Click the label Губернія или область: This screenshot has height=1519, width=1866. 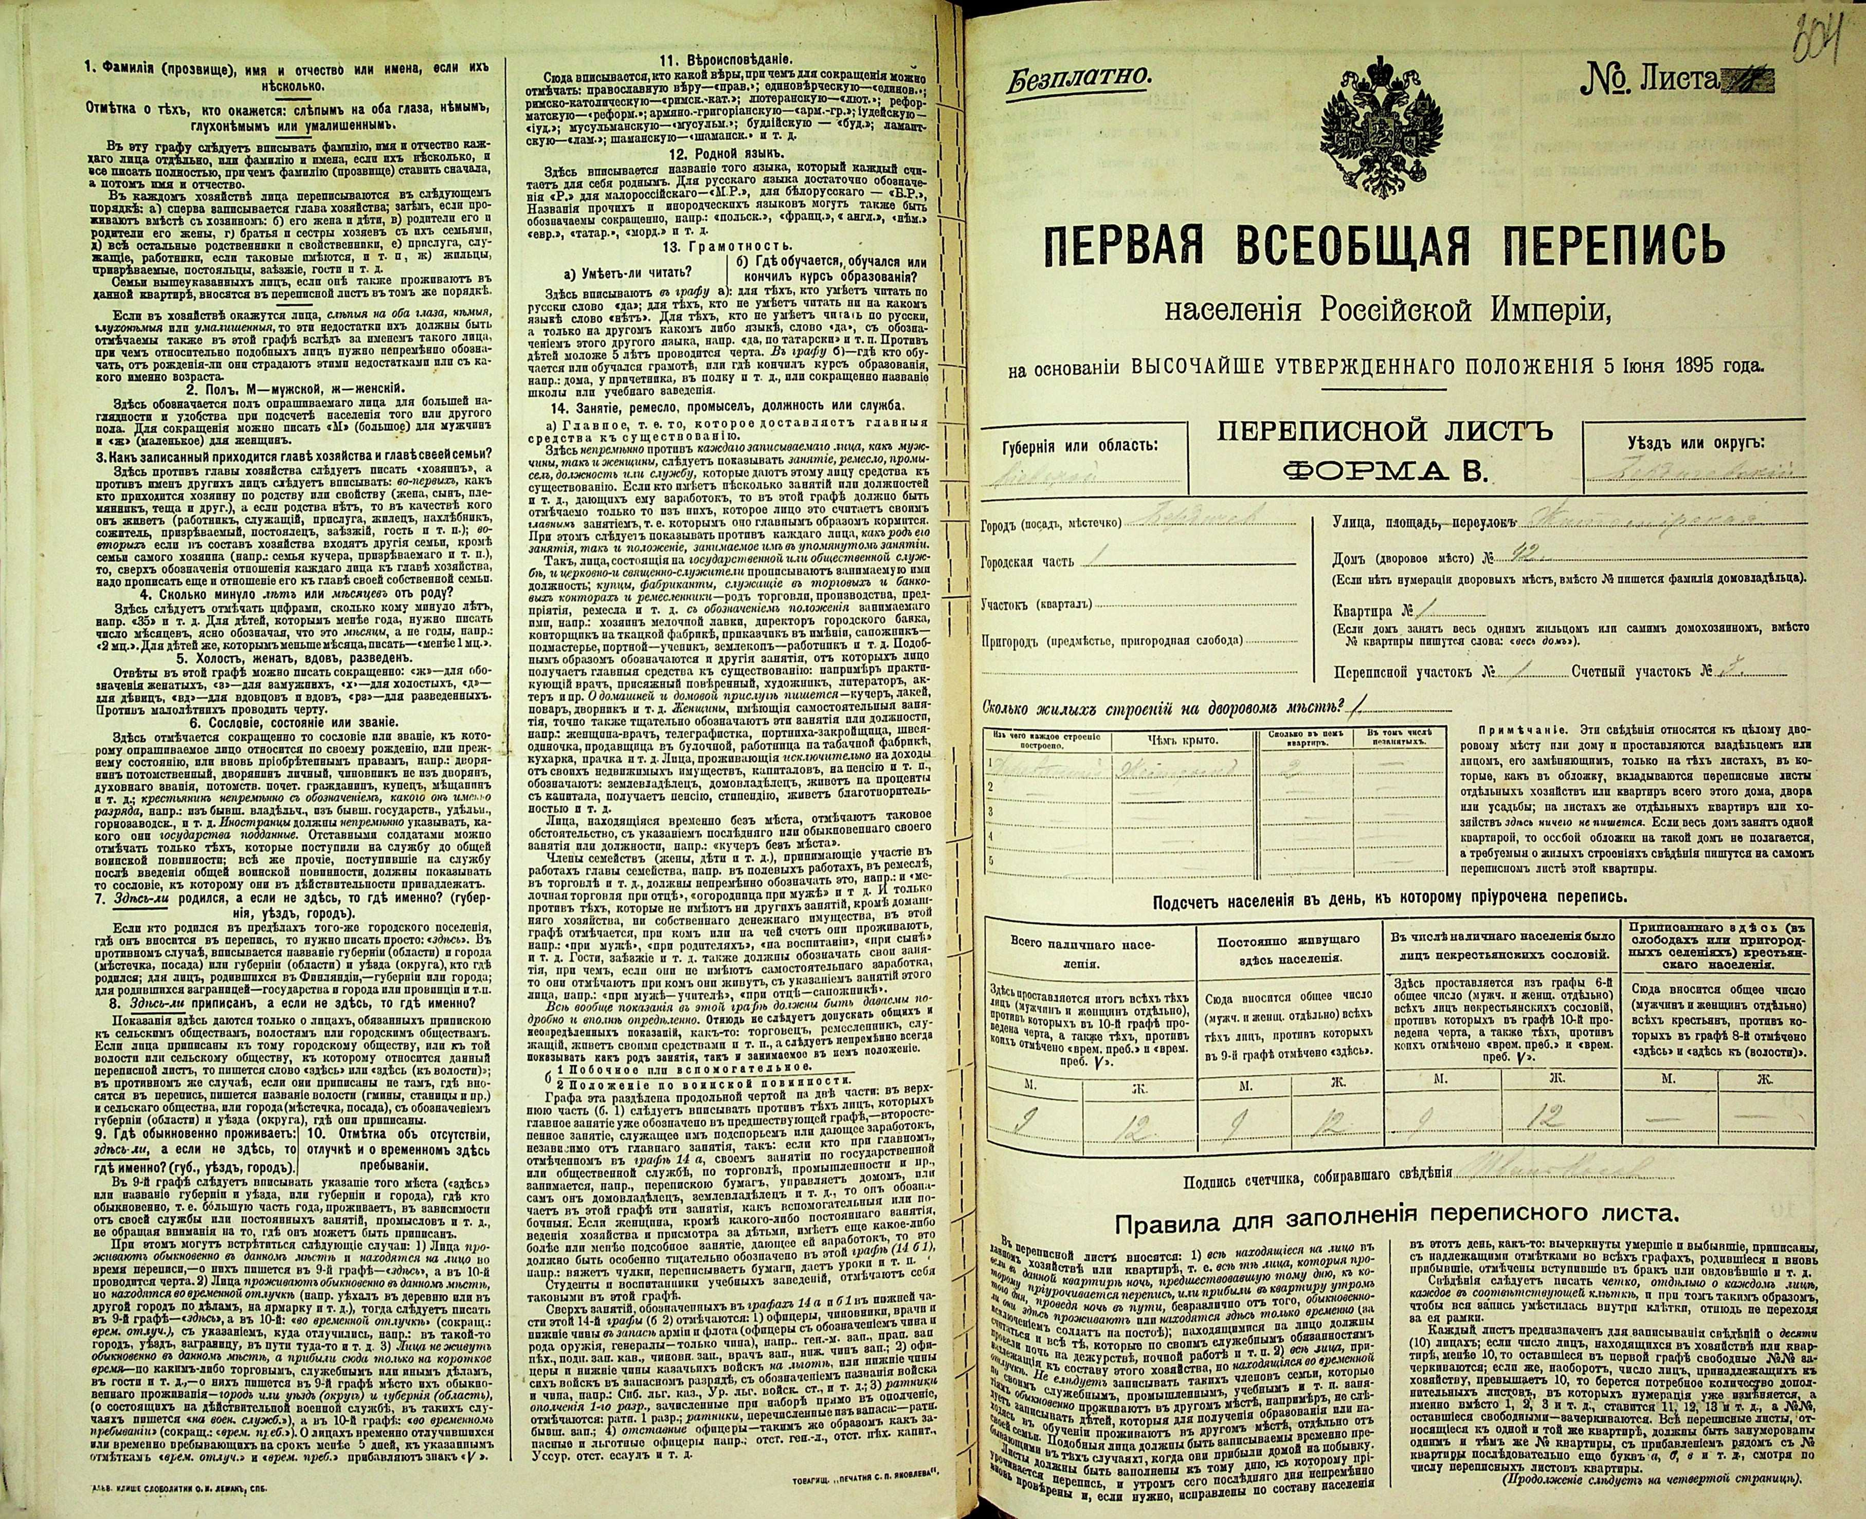(1078, 445)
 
